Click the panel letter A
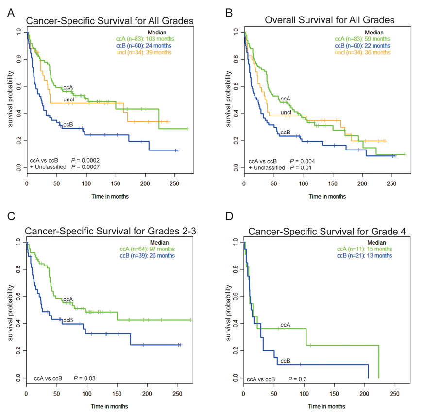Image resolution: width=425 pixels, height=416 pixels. pos(11,13)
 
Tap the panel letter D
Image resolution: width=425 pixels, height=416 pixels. pos(229,216)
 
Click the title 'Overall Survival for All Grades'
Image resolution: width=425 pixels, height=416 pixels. pos(330,20)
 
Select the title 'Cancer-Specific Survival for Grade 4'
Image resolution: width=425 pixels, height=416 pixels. pos(327,232)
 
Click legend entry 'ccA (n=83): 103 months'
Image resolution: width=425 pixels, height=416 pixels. pos(145,39)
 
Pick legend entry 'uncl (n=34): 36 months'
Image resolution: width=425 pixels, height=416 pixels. pos(362,52)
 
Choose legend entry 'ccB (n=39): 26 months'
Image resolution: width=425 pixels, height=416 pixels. pos(147,256)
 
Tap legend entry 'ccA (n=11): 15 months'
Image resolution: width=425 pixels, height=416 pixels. pos(365,249)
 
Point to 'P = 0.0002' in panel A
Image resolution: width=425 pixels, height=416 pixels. pos(85,160)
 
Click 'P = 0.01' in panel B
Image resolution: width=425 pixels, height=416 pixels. pos(301,167)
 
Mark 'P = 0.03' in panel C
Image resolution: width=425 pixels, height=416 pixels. pos(85,378)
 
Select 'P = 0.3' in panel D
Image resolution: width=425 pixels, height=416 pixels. pos(297,379)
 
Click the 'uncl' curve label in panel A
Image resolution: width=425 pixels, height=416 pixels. pos(68,100)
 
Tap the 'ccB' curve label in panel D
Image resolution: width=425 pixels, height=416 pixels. pos(286,361)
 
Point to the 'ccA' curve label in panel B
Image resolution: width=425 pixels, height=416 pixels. pos(286,99)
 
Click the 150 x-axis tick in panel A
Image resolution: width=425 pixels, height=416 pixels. pos(116,183)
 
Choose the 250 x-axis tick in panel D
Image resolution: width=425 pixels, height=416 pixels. pos(394,394)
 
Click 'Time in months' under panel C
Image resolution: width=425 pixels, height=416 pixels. pos(109,406)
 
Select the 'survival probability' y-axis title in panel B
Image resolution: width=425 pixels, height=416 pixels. pos(228,99)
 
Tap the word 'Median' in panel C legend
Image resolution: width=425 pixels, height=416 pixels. pos(159,242)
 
